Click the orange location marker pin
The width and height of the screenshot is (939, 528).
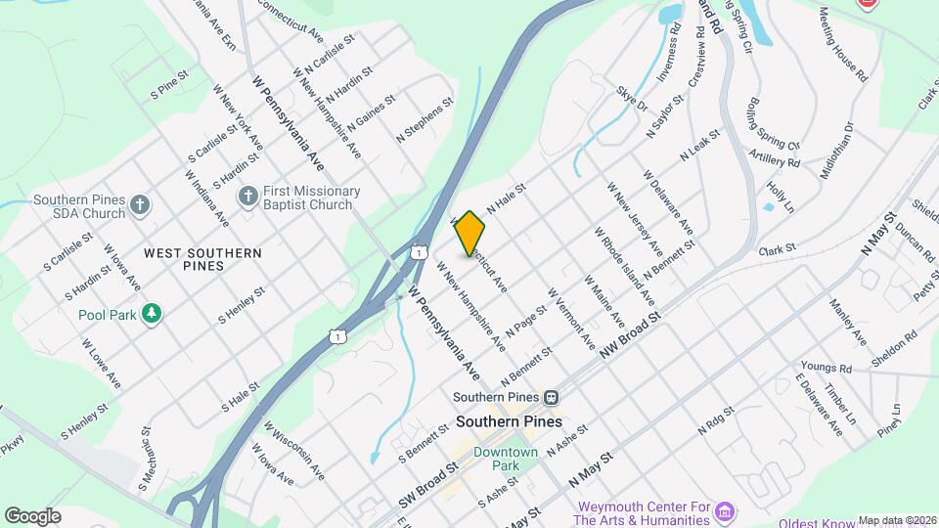pyautogui.click(x=469, y=233)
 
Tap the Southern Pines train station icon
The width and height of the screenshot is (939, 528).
pyautogui.click(x=552, y=398)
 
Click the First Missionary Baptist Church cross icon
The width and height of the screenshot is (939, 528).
pyautogui.click(x=248, y=198)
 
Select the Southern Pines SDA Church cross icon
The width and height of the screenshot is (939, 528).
pyautogui.click(x=141, y=205)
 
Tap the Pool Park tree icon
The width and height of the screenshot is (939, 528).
pyautogui.click(x=151, y=313)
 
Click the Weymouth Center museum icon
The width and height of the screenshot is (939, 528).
pyautogui.click(x=725, y=512)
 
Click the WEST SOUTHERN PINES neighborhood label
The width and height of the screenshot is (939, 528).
pyautogui.click(x=202, y=259)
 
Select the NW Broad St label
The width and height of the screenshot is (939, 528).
pyautogui.click(x=632, y=335)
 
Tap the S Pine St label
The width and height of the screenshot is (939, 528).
pyautogui.click(x=168, y=89)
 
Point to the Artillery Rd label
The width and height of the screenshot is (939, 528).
pyautogui.click(x=775, y=156)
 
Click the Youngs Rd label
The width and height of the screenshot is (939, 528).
pyautogui.click(x=826, y=369)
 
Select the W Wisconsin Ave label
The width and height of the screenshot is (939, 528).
pyautogui.click(x=294, y=451)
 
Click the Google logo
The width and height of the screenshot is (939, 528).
pyautogui.click(x=32, y=515)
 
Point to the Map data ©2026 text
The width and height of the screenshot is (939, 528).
pyautogui.click(x=897, y=520)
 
